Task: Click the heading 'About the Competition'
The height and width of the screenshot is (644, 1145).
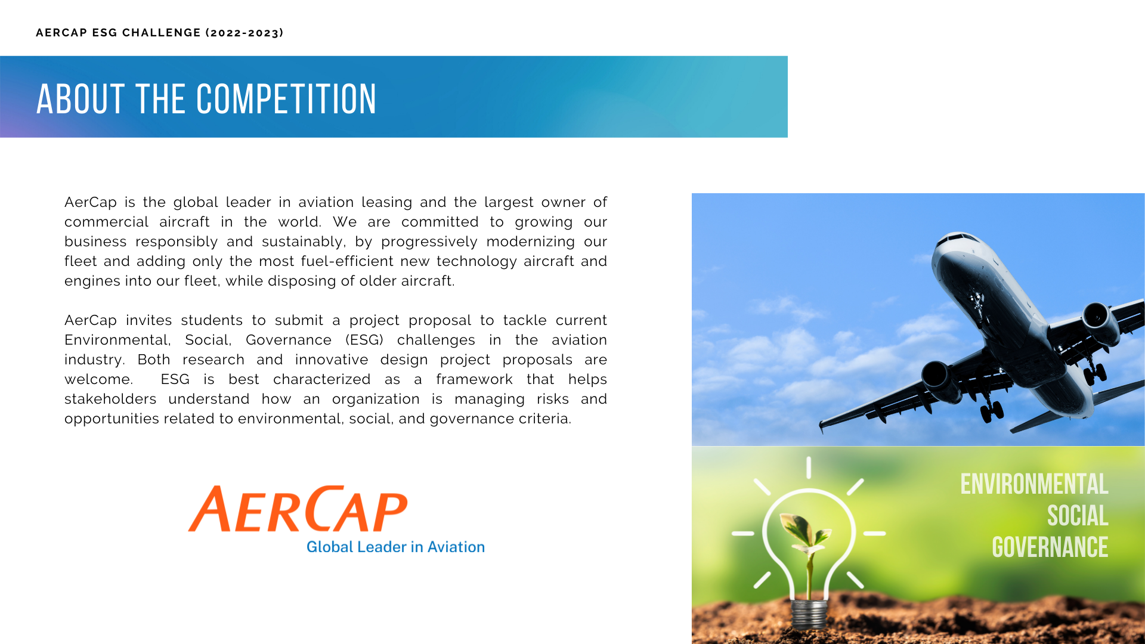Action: pos(206,99)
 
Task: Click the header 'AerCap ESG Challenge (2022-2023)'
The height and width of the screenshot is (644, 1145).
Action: pos(160,33)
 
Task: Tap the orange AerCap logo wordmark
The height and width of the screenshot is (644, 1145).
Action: pos(298,509)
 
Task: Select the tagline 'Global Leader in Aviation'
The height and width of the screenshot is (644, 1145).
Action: pos(395,547)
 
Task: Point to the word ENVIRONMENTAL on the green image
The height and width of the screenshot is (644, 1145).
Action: pos(1034,484)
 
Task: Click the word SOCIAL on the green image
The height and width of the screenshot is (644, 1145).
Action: pos(1078,516)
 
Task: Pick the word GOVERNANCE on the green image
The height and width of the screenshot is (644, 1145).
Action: pos(1050,547)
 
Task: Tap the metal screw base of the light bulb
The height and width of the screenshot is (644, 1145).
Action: pos(809,614)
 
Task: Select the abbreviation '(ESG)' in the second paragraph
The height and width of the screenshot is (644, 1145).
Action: pos(364,340)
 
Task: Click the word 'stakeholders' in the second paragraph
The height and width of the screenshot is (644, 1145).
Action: pos(110,399)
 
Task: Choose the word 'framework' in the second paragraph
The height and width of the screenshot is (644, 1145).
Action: pos(474,379)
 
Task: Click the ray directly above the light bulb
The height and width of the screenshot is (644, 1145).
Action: pos(809,467)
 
